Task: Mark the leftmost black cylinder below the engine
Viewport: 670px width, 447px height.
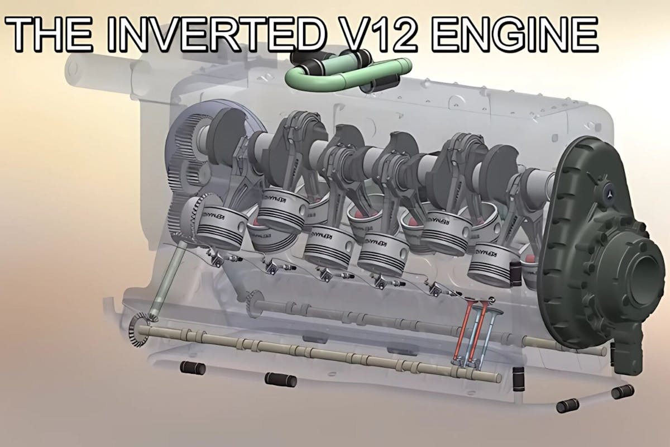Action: [x=192, y=369]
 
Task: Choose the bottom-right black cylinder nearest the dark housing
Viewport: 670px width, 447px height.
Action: [x=623, y=391]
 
